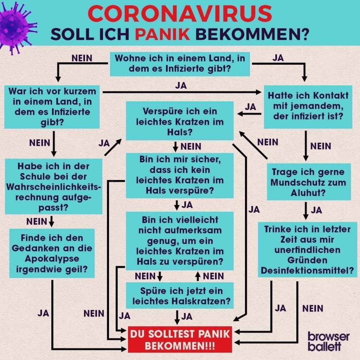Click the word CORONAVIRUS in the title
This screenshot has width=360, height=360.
180,14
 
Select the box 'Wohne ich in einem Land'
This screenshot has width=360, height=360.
180,64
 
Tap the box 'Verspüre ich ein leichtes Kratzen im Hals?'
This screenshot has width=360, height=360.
180,121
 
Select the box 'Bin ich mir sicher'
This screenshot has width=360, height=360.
180,175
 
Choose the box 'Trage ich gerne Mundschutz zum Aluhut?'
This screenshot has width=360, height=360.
308,182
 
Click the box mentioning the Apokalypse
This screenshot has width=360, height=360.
52,253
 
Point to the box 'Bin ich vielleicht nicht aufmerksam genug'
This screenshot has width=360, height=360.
180,241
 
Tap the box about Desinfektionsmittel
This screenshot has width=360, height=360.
308,250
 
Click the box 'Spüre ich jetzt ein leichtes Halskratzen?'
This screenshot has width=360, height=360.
180,296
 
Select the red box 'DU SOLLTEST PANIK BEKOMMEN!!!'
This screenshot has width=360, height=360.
180,340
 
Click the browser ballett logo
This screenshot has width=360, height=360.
328,341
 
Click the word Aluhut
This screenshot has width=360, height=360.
308,193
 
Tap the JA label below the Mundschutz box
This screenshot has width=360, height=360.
316,210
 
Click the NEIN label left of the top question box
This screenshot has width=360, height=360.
82,58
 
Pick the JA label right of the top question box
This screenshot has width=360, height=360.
278,58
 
